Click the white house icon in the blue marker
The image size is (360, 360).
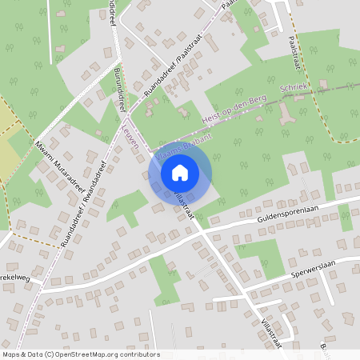point(180,172)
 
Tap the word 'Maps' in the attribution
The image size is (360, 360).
point(11,354)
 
